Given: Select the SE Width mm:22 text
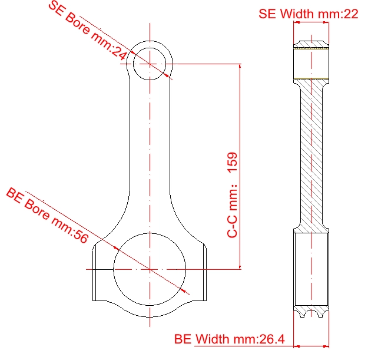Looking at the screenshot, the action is coord(309,14).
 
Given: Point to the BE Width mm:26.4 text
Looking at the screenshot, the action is coord(229,339).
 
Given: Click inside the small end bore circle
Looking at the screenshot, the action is coord(150,64).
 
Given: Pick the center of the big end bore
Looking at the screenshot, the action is coord(150,269).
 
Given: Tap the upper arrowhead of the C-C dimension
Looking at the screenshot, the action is coord(240,66).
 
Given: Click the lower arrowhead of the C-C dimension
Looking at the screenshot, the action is coord(240,267).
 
